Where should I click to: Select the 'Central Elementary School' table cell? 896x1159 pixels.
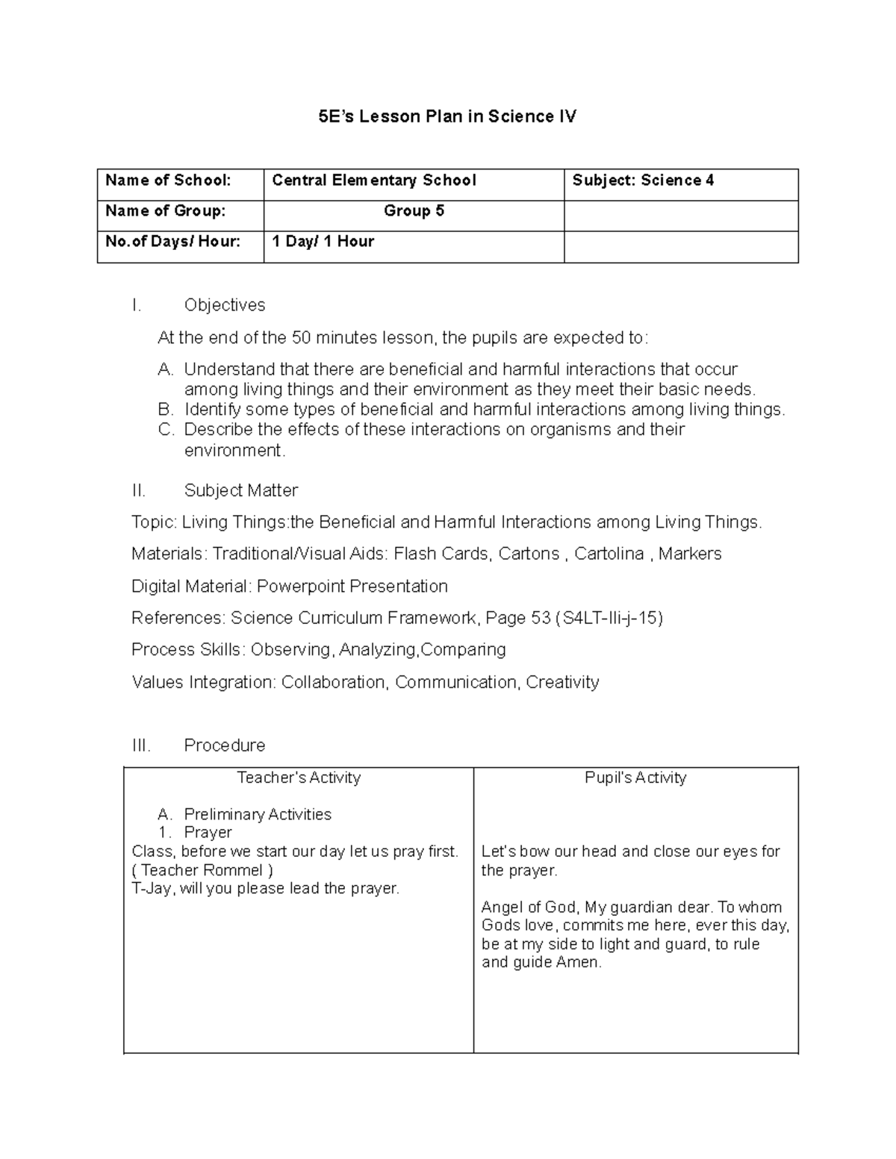[x=373, y=181]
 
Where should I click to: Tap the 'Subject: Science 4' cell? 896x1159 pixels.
[x=643, y=181]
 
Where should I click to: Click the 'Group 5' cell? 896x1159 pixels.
[x=414, y=211]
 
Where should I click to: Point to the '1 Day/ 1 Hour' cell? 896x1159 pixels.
[x=323, y=242]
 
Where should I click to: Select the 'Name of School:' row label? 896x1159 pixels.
[x=168, y=181]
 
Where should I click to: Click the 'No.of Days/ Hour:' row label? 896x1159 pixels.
[x=172, y=242]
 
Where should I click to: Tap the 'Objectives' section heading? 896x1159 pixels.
[x=224, y=305]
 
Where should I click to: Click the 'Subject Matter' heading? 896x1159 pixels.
[x=240, y=490]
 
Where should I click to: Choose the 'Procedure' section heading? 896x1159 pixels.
[x=224, y=746]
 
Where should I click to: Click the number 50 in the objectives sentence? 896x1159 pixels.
[x=301, y=338]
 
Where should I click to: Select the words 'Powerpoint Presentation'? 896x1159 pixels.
[x=352, y=586]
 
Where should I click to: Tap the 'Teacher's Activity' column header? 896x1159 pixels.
[x=299, y=778]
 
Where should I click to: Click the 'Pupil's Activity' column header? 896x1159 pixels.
[x=635, y=778]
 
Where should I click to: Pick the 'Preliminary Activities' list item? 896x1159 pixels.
[x=258, y=814]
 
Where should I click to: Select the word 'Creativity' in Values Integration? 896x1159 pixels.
[x=562, y=682]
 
